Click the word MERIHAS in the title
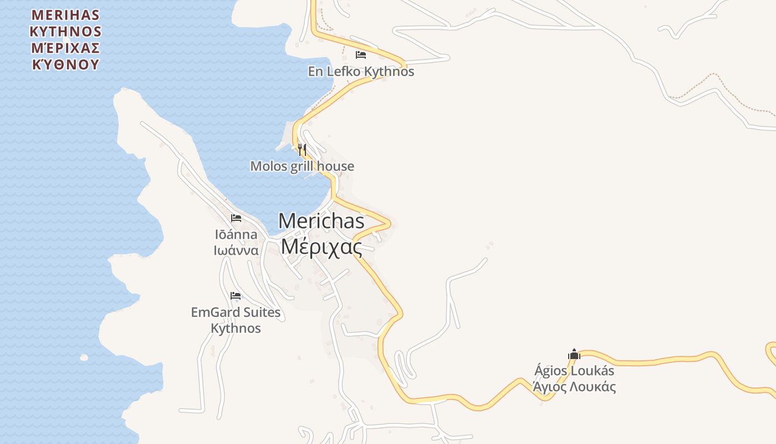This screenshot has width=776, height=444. [x=65, y=14]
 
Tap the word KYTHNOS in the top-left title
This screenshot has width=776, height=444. [x=65, y=31]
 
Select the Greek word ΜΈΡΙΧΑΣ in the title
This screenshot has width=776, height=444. [x=65, y=47]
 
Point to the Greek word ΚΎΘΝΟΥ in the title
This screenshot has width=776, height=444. [x=65, y=64]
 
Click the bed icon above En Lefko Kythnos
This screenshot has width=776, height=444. [x=361, y=55]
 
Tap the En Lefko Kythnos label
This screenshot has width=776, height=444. [x=361, y=72]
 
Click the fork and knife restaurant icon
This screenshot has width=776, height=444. [x=302, y=149]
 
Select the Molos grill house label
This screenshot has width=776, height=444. [x=302, y=166]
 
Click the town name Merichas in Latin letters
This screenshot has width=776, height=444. [x=321, y=221]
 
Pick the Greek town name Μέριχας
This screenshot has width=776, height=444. [x=321, y=246]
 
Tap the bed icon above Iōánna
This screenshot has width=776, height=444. [x=236, y=218]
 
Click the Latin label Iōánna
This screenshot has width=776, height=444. [x=236, y=234]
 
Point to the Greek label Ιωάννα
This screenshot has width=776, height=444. [x=236, y=250]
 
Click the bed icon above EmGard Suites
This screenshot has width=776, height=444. [x=236, y=296]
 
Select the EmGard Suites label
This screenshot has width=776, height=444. [x=236, y=312]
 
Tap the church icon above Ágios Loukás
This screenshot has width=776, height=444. [x=574, y=354]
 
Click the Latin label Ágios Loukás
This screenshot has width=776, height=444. [x=574, y=371]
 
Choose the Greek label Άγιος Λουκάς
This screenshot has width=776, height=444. [x=574, y=387]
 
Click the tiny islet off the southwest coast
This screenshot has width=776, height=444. [x=84, y=357]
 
